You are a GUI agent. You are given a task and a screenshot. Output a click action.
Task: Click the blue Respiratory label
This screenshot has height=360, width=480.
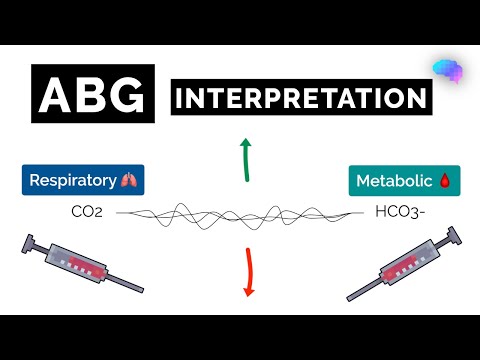[x=83, y=181]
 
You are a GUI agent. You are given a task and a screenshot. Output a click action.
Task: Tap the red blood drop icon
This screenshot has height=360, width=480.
[x=444, y=181]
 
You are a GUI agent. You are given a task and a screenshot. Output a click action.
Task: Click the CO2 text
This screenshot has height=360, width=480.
[x=87, y=212]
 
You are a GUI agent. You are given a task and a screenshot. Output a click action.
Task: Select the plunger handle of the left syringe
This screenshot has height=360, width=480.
[x=20, y=243]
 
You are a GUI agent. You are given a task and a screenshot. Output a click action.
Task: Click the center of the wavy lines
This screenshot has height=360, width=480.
[x=240, y=213]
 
